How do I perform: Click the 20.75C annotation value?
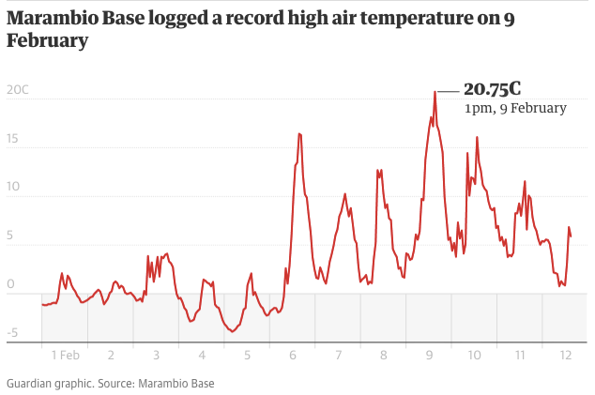(x=492, y=89)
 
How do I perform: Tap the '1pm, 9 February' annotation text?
(x=515, y=108)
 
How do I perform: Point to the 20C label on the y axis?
(x=17, y=90)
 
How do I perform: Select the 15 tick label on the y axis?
(x=12, y=138)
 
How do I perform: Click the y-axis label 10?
(x=12, y=187)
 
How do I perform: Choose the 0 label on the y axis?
(x=10, y=283)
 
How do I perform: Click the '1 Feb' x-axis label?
(x=65, y=356)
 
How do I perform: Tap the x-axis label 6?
(x=293, y=356)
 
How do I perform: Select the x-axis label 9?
(x=429, y=356)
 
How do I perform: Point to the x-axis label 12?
(x=565, y=356)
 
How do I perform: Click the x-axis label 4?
(x=202, y=356)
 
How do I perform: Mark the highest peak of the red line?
(x=435, y=92)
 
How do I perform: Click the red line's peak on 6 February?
(x=299, y=133)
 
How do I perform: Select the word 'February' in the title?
(x=48, y=40)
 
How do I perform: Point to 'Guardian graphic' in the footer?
(x=47, y=384)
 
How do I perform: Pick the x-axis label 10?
(x=474, y=356)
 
